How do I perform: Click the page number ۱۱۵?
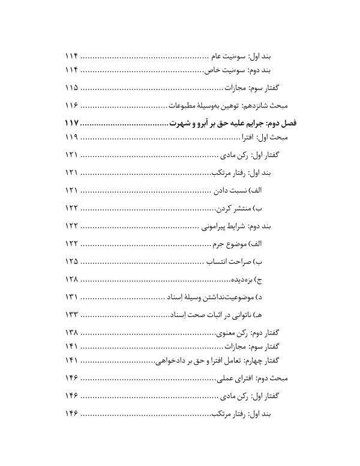(71, 88)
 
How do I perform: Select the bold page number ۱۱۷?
(71, 124)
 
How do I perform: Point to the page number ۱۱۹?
(71, 138)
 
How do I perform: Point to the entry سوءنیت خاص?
(223, 70)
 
